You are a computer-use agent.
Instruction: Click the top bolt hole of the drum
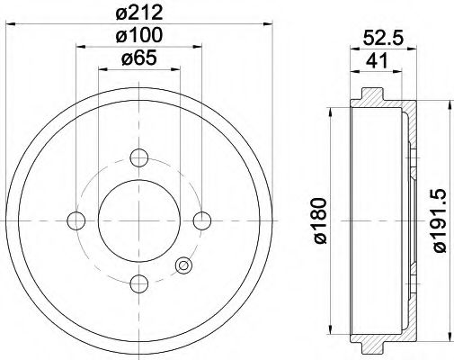[x=138, y=157]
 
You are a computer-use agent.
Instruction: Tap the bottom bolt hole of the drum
[x=138, y=283]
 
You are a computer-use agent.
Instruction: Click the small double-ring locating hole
[x=184, y=265]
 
